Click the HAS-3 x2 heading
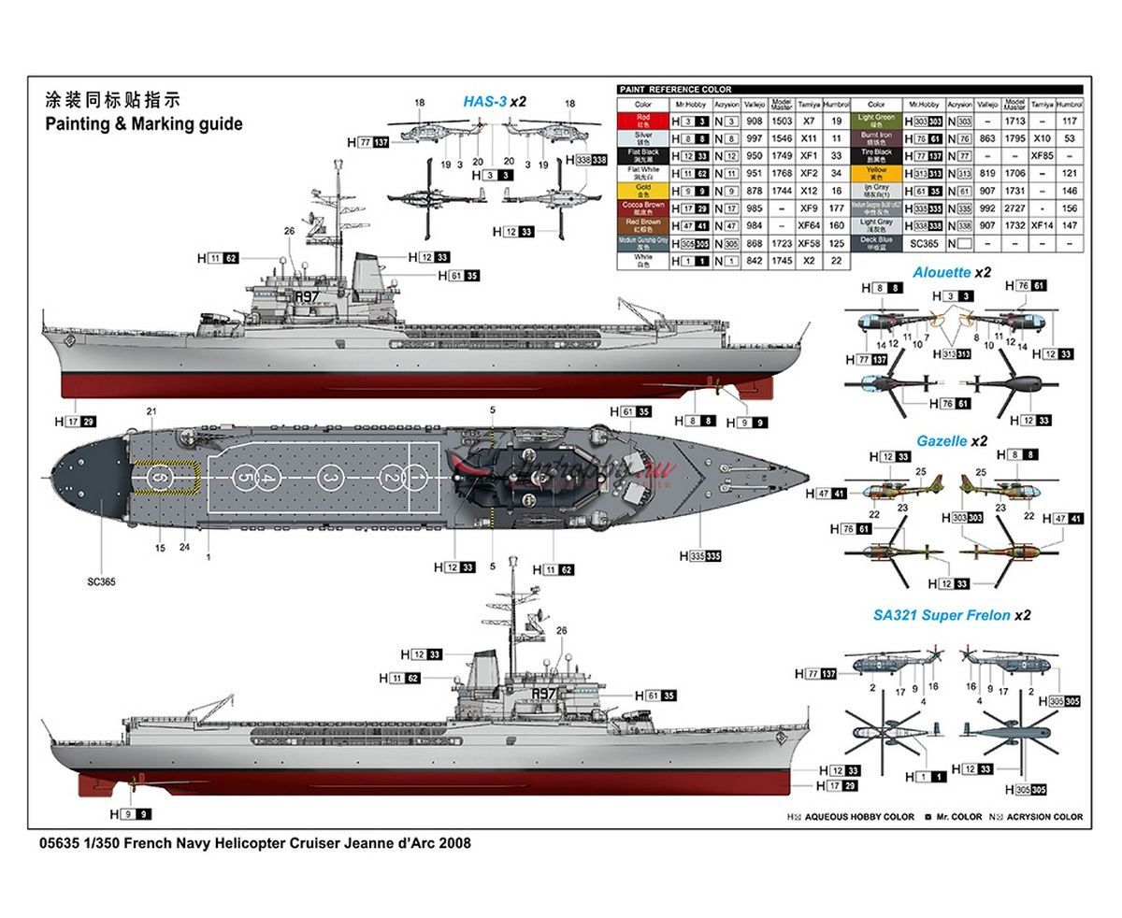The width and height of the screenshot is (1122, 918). coord(495,101)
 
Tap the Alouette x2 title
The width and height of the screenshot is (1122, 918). coord(951,273)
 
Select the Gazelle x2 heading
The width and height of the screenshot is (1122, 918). coord(951,440)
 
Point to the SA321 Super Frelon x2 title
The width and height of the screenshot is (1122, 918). coord(951,615)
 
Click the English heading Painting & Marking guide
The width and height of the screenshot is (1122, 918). coord(143,123)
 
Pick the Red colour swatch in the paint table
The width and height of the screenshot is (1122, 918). coord(643,121)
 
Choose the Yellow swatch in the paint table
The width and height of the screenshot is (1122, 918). coord(876,173)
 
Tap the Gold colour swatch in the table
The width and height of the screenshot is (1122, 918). coord(643,190)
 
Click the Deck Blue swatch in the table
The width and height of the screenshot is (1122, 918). coord(876,243)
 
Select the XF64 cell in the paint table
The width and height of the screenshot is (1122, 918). coord(809,225)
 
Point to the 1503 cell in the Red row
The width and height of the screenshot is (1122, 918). coord(782,121)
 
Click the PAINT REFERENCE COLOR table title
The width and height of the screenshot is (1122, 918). coord(675,90)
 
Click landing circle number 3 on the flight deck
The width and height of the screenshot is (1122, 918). coord(329,478)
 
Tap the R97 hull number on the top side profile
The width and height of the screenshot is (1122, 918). coord(307,296)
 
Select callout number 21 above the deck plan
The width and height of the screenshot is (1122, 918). coord(151,411)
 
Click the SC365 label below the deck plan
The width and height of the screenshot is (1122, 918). coord(100,581)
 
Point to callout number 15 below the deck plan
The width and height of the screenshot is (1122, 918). coord(160,549)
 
